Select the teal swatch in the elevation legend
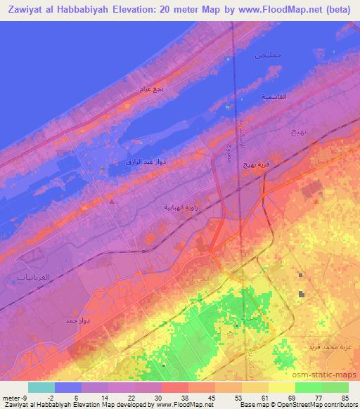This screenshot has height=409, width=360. coord(41,387)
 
